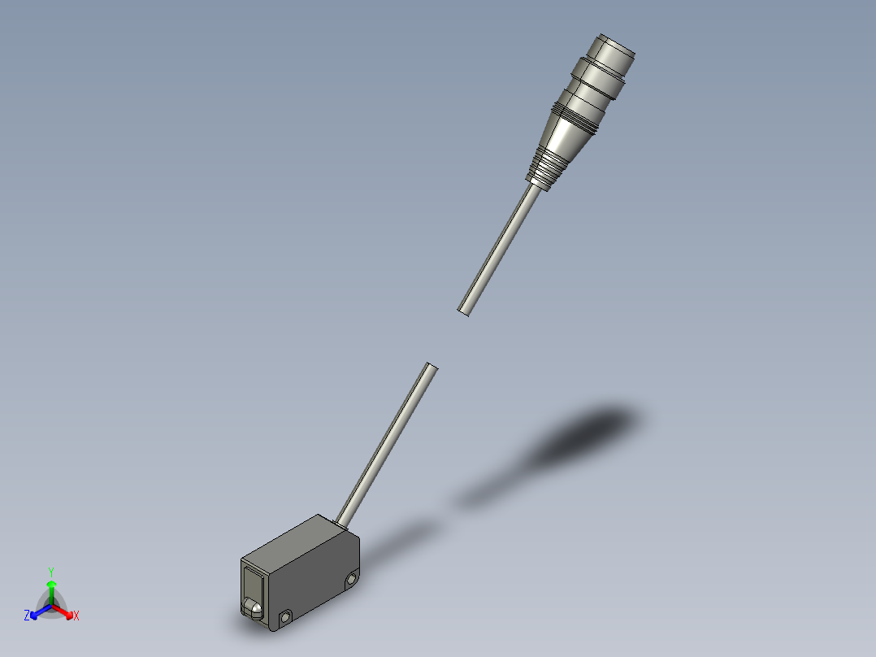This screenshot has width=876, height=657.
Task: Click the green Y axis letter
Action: pyautogui.click(x=51, y=571)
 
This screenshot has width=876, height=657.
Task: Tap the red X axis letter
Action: pyautogui.click(x=76, y=616)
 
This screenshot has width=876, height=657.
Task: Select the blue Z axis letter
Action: pyautogui.click(x=27, y=616)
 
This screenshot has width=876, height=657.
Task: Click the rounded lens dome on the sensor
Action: pyautogui.click(x=254, y=607)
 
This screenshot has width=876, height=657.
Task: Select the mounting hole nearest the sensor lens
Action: pyautogui.click(x=286, y=618)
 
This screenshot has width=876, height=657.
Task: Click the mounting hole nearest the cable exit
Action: pyautogui.click(x=351, y=580)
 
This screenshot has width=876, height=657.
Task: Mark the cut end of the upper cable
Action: pyautogui.click(x=464, y=310)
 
